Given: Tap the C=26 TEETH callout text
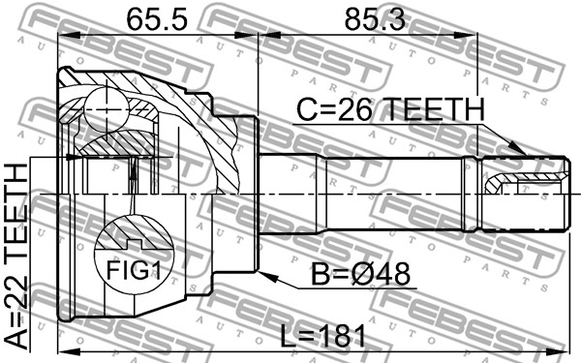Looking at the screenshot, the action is click(x=390, y=109).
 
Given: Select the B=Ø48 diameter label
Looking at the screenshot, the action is click(x=360, y=274).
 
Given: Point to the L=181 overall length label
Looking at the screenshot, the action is click(x=322, y=336).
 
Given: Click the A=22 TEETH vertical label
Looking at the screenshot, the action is click(x=16, y=257).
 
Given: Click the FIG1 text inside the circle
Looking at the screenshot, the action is click(x=134, y=270).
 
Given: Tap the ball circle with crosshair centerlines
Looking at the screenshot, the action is click(x=107, y=109).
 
